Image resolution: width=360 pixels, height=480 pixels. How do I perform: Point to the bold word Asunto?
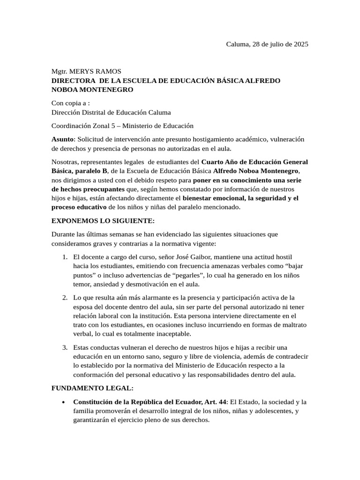pyautogui.click(x=62, y=139)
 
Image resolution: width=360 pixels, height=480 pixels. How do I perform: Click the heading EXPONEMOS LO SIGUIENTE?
pyautogui.click(x=103, y=221)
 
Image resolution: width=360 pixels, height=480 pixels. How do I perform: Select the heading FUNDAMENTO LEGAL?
pyautogui.click(x=92, y=388)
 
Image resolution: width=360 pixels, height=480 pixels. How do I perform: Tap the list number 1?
pyautogui.click(x=65, y=257)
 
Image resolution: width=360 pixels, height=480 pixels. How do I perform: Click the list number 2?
pyautogui.click(x=65, y=298)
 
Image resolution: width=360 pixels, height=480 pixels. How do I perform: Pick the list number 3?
pyautogui.click(x=65, y=347)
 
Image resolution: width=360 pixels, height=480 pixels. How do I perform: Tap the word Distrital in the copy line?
pyautogui.click(x=93, y=112)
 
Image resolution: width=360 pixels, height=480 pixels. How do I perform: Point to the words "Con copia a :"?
pyautogui.click(x=70, y=103)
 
